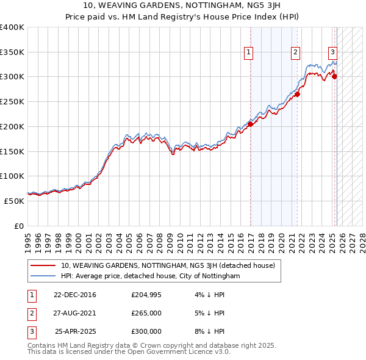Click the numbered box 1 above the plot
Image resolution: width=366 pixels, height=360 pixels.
point(249,53)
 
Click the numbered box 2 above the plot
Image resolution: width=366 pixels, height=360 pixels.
point(295,53)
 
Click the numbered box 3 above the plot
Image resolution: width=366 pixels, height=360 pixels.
point(333,53)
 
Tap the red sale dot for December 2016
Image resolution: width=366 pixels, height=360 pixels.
point(250,124)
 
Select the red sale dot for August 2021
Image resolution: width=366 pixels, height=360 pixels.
point(297,95)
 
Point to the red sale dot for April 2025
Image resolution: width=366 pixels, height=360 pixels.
point(334,76)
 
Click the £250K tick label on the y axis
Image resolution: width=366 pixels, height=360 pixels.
point(12,102)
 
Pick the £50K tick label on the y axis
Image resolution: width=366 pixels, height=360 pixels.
point(14,201)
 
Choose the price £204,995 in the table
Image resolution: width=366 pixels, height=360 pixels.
point(146,295)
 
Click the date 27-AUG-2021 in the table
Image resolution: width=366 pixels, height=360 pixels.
point(75,313)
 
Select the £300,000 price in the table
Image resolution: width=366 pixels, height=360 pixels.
point(146,331)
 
